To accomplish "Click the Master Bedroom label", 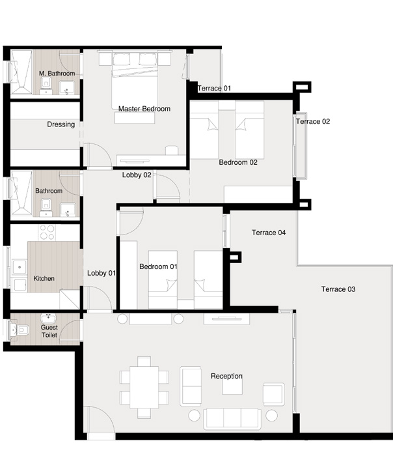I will point(144,109).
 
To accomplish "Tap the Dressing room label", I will point(61,124).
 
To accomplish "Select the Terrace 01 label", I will point(214,89).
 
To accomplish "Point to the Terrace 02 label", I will point(313,122).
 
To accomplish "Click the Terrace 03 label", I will point(338,289).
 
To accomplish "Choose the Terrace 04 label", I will point(269,233).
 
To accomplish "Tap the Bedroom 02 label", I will point(238,162).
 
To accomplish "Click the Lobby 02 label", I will point(137,175).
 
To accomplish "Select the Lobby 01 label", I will point(101,273).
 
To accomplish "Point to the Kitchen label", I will point(44,279).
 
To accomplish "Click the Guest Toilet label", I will point(49,331).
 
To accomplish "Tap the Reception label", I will point(226,376).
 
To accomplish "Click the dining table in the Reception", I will point(144,386).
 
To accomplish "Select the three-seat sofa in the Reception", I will point(232,418).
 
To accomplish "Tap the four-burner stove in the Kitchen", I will point(47,233).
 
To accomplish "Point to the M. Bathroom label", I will point(57,74).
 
